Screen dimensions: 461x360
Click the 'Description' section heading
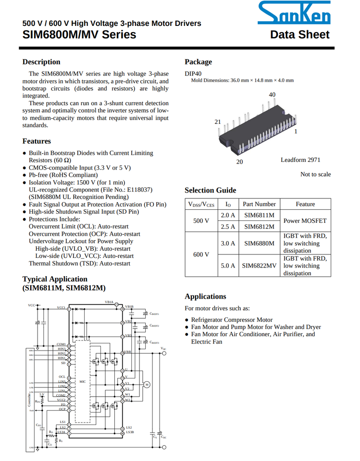41,62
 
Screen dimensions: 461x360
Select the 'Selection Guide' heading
210,190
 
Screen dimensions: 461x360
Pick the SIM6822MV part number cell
259,265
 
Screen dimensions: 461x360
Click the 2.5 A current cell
228,226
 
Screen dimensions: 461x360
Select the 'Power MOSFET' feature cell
305,220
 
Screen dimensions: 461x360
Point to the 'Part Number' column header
259,204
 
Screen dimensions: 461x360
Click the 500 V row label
201,220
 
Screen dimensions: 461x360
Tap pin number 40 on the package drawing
273,95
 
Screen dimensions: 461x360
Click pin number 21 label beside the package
217,122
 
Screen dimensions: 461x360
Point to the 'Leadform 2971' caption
300,159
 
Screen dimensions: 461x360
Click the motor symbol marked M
147,384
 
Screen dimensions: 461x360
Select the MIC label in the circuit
83,382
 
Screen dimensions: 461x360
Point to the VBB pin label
128,352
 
